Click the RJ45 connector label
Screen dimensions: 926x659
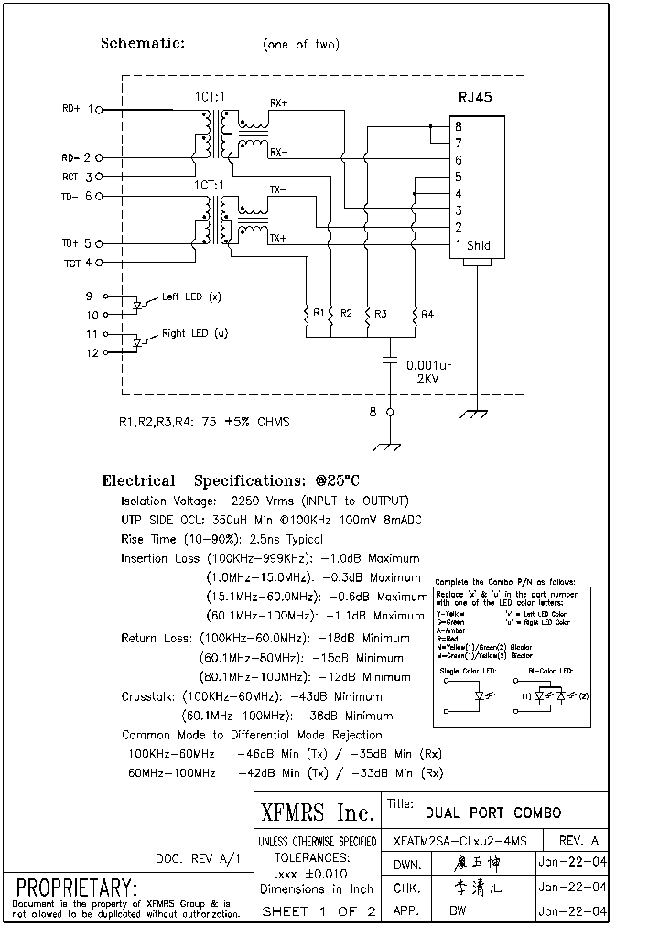474,97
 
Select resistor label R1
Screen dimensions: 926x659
319,313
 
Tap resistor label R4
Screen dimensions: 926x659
427,314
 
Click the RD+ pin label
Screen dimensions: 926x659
71,109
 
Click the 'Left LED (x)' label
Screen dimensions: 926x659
190,296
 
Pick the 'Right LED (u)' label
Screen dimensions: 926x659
194,334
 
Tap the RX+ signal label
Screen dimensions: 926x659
278,104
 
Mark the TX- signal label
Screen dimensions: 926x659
277,190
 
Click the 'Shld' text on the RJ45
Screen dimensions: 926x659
479,245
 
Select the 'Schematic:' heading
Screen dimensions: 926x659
142,43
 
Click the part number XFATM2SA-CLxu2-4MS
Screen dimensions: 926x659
459,841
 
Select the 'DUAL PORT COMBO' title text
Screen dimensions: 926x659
493,812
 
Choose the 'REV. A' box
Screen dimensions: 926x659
578,841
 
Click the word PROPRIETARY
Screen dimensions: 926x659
76,888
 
